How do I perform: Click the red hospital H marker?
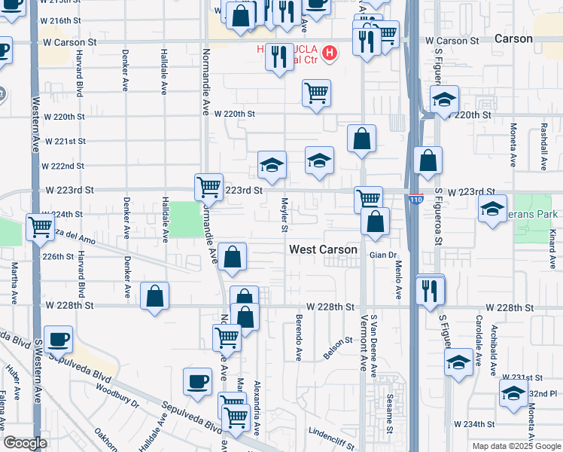(x=329, y=53)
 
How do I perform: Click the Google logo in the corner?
(x=25, y=443)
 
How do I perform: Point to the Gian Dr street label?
(x=382, y=255)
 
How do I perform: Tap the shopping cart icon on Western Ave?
(x=41, y=225)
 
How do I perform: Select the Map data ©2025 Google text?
(x=516, y=446)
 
